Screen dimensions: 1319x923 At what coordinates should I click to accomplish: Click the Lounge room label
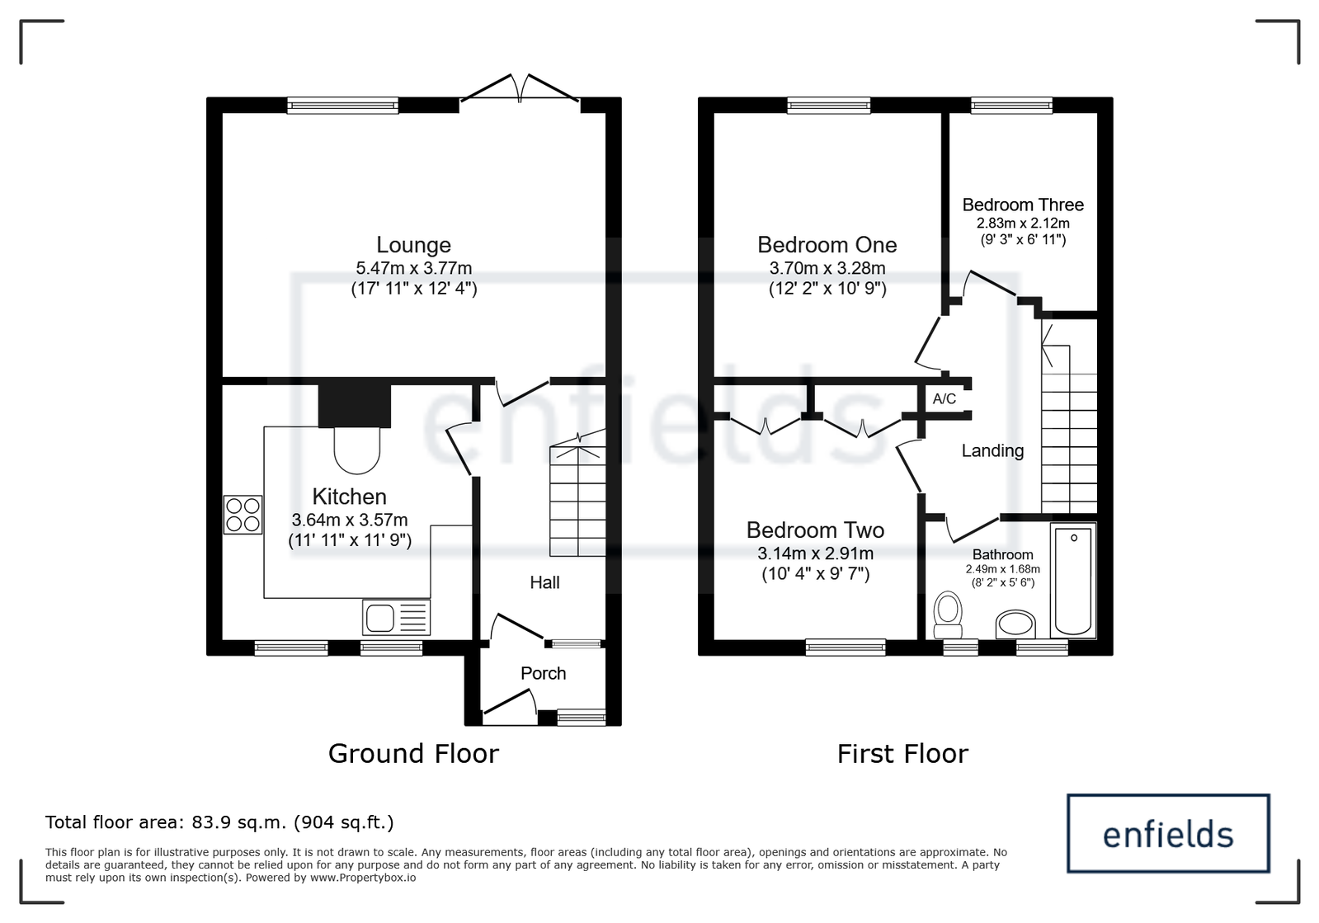[413, 244]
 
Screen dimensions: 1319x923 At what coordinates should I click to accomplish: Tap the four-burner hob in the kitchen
[243, 515]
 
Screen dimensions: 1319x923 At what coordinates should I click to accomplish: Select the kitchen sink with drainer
[396, 618]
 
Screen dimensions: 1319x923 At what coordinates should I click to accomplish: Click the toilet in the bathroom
[948, 615]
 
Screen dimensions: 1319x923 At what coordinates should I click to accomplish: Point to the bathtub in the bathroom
[1073, 581]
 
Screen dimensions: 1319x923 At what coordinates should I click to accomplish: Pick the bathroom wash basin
[1015, 624]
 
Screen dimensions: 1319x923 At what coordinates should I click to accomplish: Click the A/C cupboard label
[944, 399]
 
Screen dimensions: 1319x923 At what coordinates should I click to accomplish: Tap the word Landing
[993, 451]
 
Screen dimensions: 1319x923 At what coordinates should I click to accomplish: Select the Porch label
[543, 673]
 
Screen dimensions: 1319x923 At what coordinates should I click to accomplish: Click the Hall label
[544, 583]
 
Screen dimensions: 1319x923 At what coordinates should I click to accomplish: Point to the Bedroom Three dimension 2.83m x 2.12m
[1023, 224]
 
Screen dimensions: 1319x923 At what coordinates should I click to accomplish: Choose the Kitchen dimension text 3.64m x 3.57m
[350, 520]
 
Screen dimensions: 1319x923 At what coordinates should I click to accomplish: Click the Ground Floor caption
[413, 754]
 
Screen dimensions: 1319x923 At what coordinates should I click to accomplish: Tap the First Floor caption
[902, 754]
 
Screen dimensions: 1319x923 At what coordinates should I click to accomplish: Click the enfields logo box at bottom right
[1168, 834]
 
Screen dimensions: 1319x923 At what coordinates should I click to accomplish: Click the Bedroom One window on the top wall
[828, 106]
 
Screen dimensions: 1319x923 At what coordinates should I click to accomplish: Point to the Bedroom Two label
[815, 530]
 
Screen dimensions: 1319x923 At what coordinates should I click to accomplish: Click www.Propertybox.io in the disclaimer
[363, 878]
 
